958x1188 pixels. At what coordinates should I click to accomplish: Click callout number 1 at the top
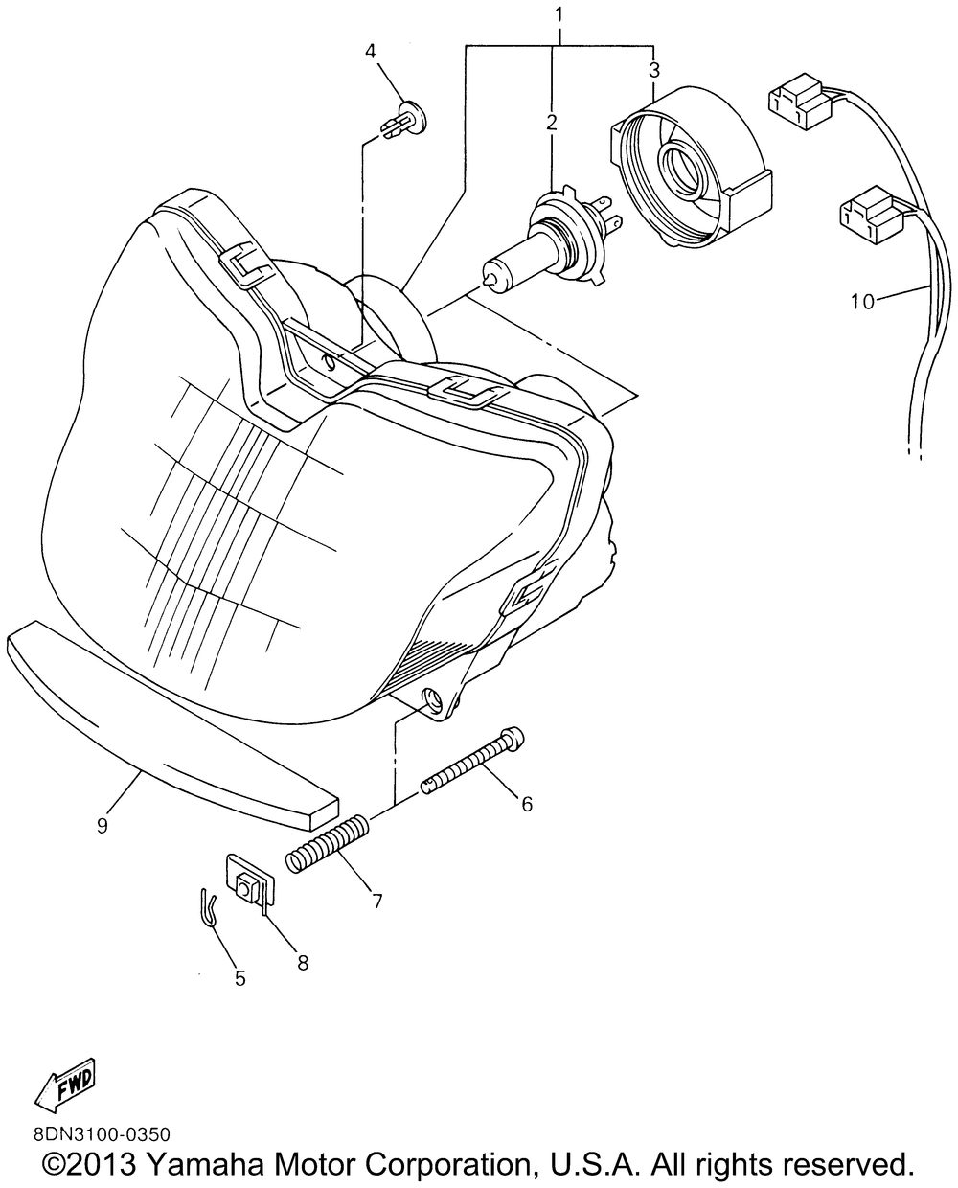559,14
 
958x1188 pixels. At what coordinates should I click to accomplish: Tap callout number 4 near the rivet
370,52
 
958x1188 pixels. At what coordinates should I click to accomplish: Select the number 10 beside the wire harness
862,302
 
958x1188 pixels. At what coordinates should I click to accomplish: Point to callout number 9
103,825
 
